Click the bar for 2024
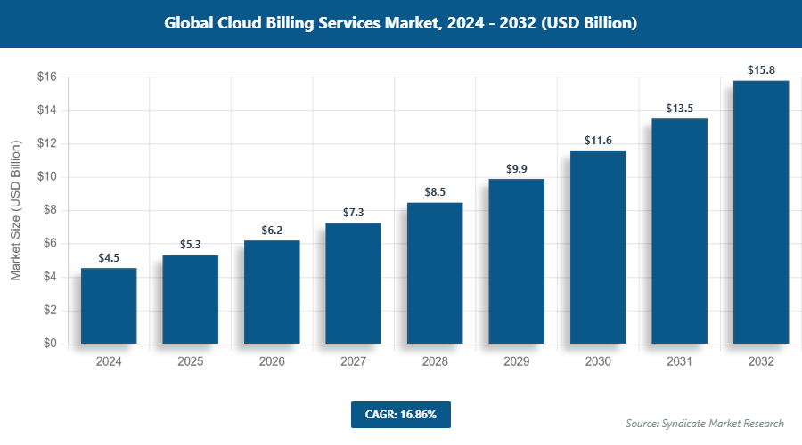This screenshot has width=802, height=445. coord(109,305)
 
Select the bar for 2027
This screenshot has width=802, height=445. coord(353,283)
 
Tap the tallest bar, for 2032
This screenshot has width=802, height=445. coord(761,212)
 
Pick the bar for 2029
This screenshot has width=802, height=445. coord(516,261)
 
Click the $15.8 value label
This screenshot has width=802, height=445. coord(761,69)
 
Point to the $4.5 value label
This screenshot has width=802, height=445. coord(109,257)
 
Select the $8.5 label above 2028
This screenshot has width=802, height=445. coord(435,190)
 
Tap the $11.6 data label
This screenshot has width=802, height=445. coord(598,140)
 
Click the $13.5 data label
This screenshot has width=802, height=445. coord(679,108)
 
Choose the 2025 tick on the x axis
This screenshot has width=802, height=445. coord(190,362)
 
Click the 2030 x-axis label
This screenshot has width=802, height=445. coord(598,362)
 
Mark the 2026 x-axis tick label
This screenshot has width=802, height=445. coord(272,362)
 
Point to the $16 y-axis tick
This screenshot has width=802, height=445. coord(47,77)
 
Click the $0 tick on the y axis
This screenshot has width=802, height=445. coord(50,344)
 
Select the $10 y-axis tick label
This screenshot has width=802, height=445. coord(47,177)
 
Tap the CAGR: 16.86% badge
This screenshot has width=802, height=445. coord(400,414)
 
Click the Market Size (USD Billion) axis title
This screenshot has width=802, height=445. coord(15,211)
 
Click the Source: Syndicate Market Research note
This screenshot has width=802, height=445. coord(704,424)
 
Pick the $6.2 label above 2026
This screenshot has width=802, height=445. coord(272,230)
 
